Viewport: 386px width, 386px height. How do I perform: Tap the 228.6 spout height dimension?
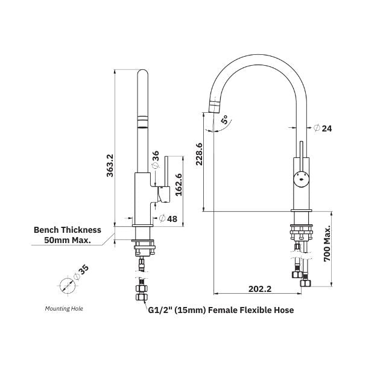pyautogui.click(x=198, y=153)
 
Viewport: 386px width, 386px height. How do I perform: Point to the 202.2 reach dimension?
pyautogui.click(x=260, y=289)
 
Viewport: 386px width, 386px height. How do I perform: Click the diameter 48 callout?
pyautogui.click(x=168, y=219)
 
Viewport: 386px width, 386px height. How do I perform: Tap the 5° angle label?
pyautogui.click(x=224, y=120)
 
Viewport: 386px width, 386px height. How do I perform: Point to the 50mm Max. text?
pyautogui.click(x=68, y=240)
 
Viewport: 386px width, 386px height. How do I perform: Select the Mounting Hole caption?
pyautogui.click(x=64, y=308)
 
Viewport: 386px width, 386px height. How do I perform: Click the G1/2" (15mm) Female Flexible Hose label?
pyautogui.click(x=221, y=310)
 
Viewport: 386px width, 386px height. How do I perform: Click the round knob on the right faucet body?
pyautogui.click(x=300, y=177)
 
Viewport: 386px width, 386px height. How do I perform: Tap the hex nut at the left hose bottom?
pyautogui.click(x=141, y=296)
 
